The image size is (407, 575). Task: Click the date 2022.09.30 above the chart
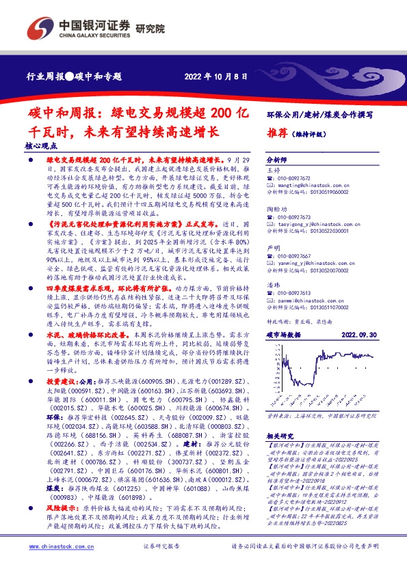pos(358,336)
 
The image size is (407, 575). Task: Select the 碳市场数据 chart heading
pos(283,336)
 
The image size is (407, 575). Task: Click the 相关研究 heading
pos(280,435)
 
